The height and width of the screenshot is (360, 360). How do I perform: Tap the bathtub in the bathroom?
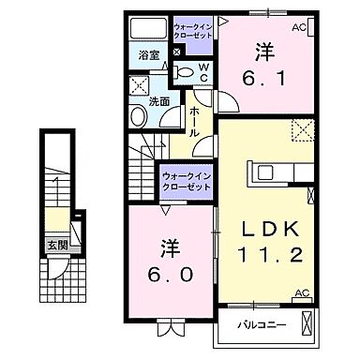148,29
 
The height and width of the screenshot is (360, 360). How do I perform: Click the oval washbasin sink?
139,116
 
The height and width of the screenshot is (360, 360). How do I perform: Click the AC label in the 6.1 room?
299,27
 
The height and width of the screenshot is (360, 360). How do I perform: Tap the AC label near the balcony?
302,293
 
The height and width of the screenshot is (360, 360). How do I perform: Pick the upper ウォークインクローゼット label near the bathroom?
194,28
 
